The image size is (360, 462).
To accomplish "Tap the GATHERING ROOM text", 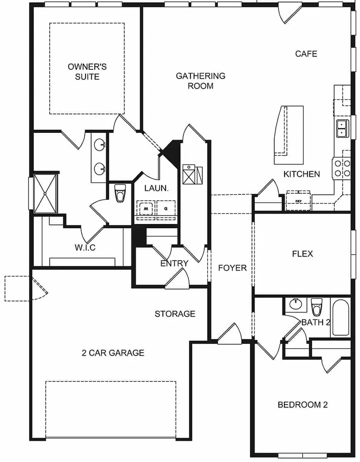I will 201,81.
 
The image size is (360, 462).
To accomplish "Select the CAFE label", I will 306,54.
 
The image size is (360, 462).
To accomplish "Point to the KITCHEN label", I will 302,174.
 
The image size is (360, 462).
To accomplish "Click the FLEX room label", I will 302,254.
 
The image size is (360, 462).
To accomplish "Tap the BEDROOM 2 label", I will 303,405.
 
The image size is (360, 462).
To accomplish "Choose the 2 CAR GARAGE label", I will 113,353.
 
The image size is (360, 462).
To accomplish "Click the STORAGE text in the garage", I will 175,314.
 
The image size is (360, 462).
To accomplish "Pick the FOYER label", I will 232,268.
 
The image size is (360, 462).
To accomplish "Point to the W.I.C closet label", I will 85,248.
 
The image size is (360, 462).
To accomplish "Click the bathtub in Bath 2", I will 341,317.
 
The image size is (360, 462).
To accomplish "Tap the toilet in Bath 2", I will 316,307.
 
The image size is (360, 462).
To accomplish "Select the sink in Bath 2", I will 296,304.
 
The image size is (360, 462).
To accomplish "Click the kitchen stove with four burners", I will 342,168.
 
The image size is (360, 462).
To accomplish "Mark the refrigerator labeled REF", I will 298,201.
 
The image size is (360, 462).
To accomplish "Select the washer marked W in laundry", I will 145,207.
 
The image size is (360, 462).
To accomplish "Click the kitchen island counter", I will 282,134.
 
